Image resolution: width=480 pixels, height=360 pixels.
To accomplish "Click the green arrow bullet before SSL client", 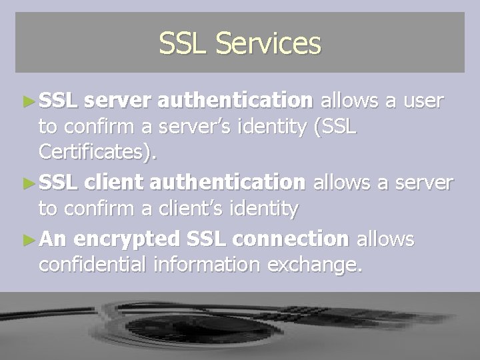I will pyautogui.click(x=29, y=182).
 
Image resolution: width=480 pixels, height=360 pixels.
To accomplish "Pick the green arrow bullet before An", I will pyautogui.click(x=29, y=238).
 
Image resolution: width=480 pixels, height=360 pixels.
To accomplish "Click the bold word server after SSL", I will pyautogui.click(x=119, y=101).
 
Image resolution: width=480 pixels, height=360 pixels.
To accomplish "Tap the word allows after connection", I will pyautogui.click(x=386, y=237).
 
